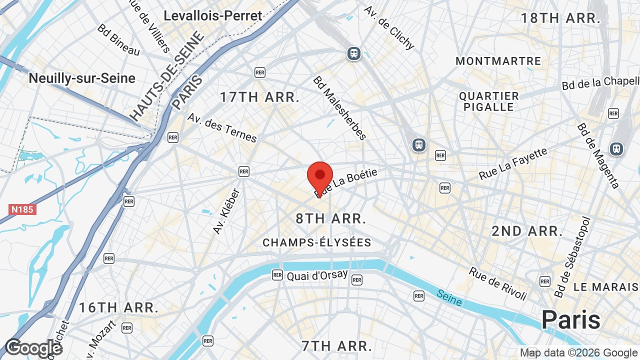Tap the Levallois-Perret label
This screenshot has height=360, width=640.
213,15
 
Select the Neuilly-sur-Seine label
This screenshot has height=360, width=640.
82,78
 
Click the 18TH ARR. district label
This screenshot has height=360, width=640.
560,18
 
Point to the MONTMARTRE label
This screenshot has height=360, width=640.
498,61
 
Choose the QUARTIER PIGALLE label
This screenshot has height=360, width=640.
489,101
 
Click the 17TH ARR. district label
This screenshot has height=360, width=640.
259,97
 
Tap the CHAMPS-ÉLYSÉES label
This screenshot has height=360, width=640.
317,243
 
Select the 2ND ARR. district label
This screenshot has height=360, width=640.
527,231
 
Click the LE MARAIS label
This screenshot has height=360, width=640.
606,287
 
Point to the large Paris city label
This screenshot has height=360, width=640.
570,319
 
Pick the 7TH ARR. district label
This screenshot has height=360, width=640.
336,345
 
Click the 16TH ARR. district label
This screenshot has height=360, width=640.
118,307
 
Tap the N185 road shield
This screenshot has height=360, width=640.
22,209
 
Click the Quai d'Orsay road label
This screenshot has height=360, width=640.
317,275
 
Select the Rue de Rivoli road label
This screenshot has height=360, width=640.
497,283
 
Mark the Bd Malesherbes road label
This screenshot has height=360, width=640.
340,108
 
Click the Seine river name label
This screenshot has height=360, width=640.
449,297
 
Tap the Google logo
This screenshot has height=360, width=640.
33,348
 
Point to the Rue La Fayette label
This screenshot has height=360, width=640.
513,163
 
